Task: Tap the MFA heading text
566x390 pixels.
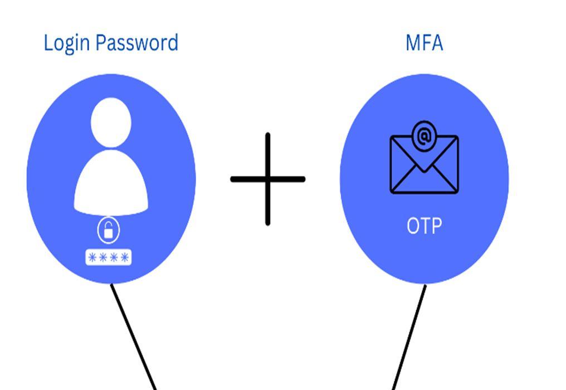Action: point(424,42)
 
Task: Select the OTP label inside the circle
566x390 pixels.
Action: point(424,226)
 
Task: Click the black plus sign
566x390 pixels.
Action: point(268,179)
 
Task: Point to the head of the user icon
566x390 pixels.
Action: point(111,123)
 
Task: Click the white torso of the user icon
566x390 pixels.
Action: point(111,184)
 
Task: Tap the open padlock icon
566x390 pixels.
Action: point(109,230)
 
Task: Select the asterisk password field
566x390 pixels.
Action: point(109,257)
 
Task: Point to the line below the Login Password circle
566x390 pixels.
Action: point(134,337)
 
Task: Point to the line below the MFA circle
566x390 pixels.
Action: point(409,337)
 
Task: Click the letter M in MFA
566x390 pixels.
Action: point(412,42)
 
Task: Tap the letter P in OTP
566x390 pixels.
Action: point(436,226)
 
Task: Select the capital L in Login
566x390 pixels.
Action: point(47,43)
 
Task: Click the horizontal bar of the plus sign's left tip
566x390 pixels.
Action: point(234,179)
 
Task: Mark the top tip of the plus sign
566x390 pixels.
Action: point(268,136)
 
